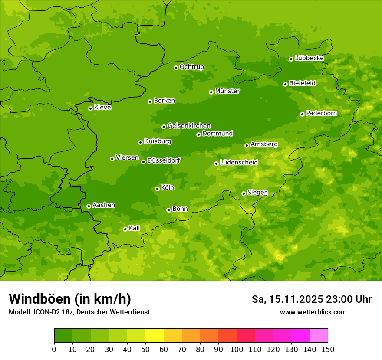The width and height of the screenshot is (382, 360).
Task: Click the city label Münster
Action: pos(227,91)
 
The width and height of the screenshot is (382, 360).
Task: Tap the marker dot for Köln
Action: pos(157,189)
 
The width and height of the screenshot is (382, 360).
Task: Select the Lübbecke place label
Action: pos(309,58)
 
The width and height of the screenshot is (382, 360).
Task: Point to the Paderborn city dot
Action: pos(302,114)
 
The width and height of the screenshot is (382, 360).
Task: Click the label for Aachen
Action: pos(104,205)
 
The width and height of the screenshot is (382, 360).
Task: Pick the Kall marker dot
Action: pos(125,229)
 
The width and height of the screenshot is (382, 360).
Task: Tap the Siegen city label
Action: pos(257,193)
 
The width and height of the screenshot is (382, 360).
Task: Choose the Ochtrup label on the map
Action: pos(191,67)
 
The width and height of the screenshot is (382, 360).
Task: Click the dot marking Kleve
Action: pos(90,108)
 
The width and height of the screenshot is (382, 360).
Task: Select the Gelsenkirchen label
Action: pos(189,126)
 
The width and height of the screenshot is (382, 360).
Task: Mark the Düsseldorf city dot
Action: pos(143,162)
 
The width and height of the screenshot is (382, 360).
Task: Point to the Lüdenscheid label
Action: pos(239,163)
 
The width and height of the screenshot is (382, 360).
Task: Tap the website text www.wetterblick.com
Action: pos(313,312)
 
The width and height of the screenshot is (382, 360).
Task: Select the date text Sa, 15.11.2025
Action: pos(287,299)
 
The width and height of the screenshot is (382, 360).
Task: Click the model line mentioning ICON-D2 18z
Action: pos(79,312)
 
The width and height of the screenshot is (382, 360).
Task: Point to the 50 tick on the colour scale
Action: pos(145,349)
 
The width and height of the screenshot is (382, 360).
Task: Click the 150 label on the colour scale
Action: pos(328,349)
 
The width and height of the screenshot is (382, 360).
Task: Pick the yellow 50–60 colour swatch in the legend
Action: pos(155,336)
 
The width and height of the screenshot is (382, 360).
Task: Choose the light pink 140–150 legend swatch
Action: pos(319,336)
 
